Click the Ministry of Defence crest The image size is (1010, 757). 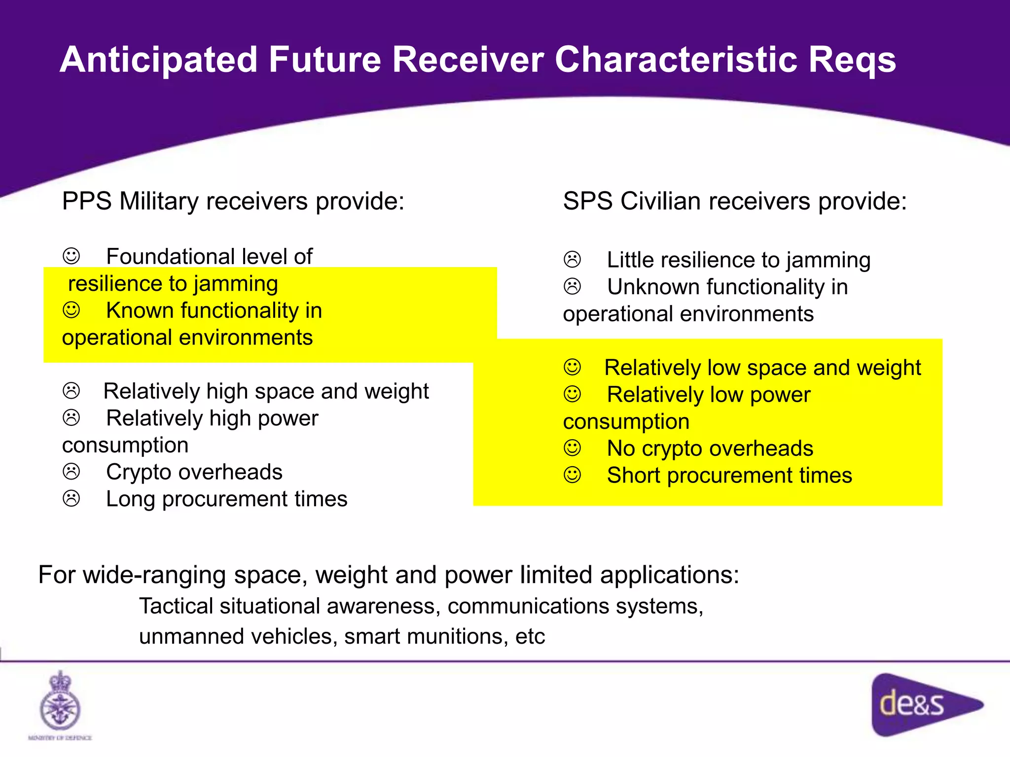click(60, 702)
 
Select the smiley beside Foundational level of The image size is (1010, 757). click(72, 256)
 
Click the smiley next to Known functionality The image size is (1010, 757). click(72, 310)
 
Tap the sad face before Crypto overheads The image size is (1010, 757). click(72, 472)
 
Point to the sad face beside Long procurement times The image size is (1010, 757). click(72, 499)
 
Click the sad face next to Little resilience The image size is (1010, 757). click(572, 260)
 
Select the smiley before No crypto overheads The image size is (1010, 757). click(572, 448)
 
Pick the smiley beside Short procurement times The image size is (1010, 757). click(572, 475)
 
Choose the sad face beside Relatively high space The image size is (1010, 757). click(72, 391)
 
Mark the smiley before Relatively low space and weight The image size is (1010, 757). click(572, 367)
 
